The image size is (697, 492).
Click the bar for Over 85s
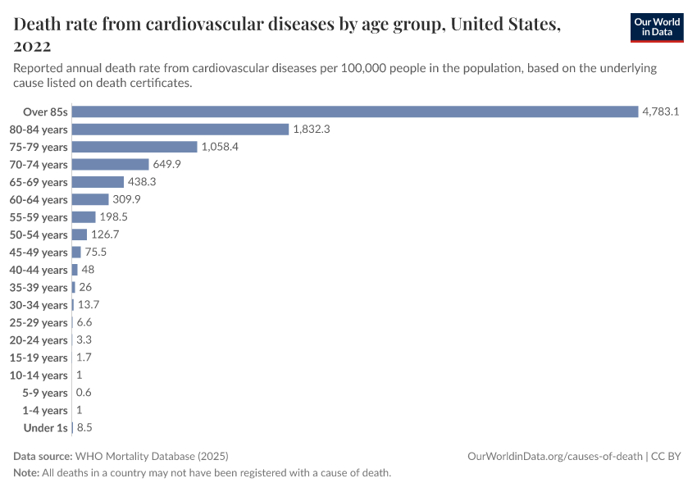(x=355, y=112)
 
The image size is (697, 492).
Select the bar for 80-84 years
(x=180, y=130)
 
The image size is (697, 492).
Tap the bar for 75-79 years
(x=134, y=147)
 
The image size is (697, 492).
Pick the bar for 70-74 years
(x=110, y=165)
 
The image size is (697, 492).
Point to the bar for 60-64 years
(x=90, y=199)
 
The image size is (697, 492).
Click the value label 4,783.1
(x=661, y=112)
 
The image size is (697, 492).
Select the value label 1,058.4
(x=220, y=147)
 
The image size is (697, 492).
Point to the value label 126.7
(x=106, y=235)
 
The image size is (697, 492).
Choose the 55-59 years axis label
(x=38, y=217)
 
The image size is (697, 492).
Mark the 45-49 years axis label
(x=38, y=253)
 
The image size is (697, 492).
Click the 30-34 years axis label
(x=38, y=305)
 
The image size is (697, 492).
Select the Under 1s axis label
(x=45, y=428)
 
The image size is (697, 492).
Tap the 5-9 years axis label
(x=45, y=393)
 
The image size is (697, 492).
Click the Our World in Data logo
(x=657, y=28)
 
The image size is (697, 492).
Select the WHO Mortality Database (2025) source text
(x=151, y=456)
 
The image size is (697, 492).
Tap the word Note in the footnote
(x=26, y=473)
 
